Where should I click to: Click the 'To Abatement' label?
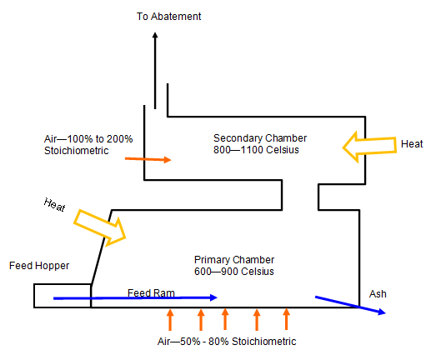click(x=169, y=16)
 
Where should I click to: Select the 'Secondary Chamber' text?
click(x=260, y=137)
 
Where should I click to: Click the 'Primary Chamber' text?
click(x=234, y=259)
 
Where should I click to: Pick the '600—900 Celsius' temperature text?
click(x=234, y=272)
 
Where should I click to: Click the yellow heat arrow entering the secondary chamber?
click(x=370, y=145)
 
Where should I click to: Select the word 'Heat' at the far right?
click(x=413, y=143)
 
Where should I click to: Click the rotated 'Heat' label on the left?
click(x=55, y=206)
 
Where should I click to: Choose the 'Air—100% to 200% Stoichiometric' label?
click(x=77, y=144)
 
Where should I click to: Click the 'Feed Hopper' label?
click(x=39, y=266)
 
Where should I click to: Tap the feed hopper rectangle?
click(x=63, y=296)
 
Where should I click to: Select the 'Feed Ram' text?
click(x=150, y=292)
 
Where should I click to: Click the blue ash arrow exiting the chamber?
click(x=350, y=304)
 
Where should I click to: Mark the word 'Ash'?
click(x=378, y=294)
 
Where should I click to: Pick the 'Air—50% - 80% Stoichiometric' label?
click(x=227, y=342)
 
